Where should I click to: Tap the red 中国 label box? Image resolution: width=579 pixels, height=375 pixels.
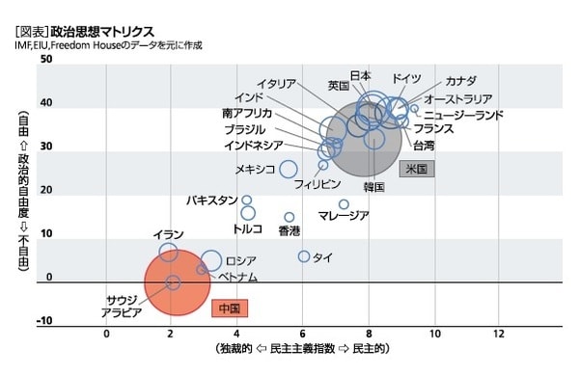click(230, 308)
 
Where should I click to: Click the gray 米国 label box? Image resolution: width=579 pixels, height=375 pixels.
click(417, 168)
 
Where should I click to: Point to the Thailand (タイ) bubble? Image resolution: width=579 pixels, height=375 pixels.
click(304, 256)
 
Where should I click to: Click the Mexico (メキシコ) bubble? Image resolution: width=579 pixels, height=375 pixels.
click(289, 170)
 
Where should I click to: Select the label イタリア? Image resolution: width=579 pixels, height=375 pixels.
click(277, 84)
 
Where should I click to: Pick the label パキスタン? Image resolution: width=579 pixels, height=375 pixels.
click(212, 201)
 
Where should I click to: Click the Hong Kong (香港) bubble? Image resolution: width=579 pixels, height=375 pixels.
click(289, 218)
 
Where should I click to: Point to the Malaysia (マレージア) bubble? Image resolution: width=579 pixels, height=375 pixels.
click(344, 204)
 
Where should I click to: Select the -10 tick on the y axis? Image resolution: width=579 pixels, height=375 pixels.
click(45, 322)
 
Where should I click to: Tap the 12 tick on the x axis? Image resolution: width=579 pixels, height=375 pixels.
click(499, 334)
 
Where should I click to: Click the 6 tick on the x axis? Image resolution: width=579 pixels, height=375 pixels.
click(302, 334)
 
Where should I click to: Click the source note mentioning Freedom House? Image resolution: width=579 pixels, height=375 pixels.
click(108, 46)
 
